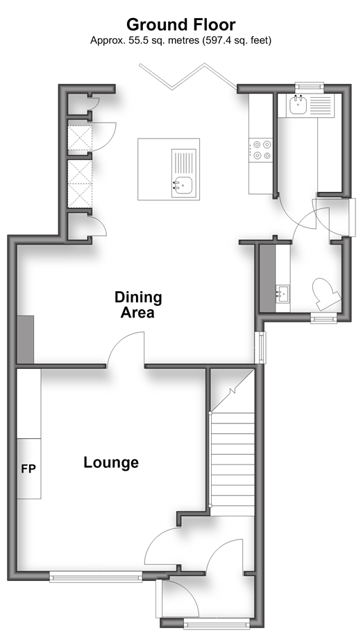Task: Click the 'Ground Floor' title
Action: point(180,25)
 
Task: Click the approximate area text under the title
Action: point(180,40)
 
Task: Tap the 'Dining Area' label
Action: point(138,304)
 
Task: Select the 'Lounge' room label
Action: point(111,462)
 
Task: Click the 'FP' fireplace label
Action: point(28,469)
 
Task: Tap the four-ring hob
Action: point(260,150)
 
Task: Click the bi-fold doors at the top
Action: point(188,76)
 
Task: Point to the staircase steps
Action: point(233,464)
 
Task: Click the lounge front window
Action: point(96,577)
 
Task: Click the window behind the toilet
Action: point(324,318)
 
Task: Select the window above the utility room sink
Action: point(309,86)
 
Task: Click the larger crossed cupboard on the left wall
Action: point(80,184)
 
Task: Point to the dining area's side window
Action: point(262,347)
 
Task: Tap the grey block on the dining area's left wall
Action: point(25,340)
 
